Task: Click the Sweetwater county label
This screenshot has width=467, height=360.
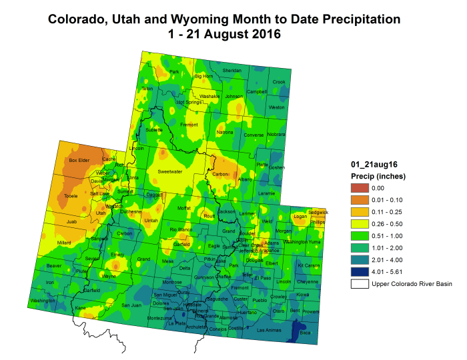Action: click(x=169, y=171)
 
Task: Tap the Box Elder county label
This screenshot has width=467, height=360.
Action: click(x=79, y=161)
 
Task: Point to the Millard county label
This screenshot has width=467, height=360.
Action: click(x=64, y=243)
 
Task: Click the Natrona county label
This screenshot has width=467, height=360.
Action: click(x=225, y=132)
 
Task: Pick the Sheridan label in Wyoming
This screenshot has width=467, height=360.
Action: click(x=231, y=71)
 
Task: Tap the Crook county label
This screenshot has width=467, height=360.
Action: click(x=279, y=82)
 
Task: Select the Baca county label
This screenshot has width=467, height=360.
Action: click(x=306, y=333)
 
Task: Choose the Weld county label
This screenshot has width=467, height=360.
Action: click(x=268, y=221)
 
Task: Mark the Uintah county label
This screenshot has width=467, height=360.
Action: click(x=151, y=220)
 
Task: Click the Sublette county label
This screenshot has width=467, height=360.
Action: click(x=153, y=130)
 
